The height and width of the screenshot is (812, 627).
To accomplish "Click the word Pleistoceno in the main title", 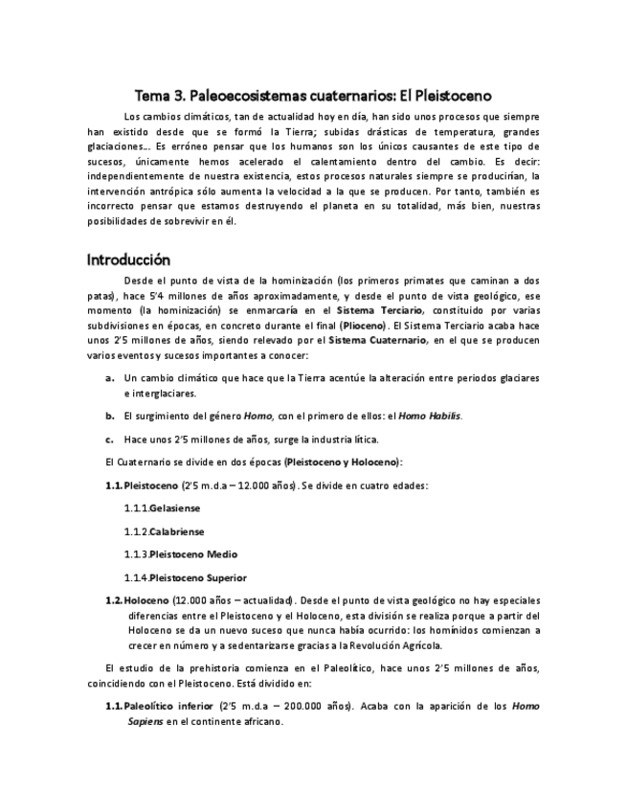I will [x=446, y=96].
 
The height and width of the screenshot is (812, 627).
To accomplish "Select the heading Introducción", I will [x=128, y=259].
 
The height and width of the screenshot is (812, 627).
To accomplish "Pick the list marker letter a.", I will [x=110, y=377].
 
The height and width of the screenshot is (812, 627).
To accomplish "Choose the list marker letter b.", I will [x=110, y=417].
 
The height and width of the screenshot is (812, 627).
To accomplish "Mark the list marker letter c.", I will [x=110, y=440].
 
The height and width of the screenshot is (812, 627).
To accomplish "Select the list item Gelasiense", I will [x=175, y=508].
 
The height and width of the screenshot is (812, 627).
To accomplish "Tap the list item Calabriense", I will [x=177, y=531].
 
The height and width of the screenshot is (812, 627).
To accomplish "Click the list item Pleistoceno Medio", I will [x=194, y=554].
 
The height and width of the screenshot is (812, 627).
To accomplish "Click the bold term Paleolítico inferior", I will [x=169, y=707].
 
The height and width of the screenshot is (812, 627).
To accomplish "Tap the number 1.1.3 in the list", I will [x=136, y=554].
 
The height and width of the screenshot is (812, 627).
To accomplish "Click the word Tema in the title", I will [x=151, y=96].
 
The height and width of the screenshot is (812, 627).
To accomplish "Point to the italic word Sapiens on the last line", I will [x=145, y=722].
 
